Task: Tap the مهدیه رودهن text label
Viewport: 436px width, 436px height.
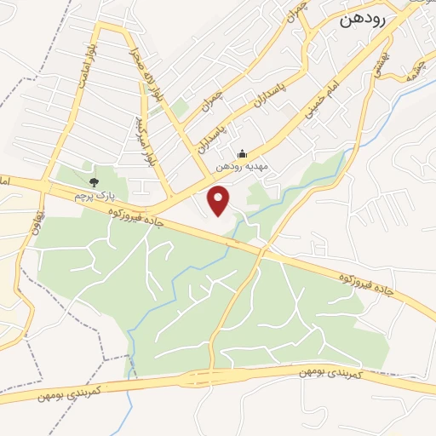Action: pos(243,167)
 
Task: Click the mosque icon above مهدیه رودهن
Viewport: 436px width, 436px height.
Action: pos(243,154)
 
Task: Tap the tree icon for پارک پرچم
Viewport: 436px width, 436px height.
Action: pos(94,181)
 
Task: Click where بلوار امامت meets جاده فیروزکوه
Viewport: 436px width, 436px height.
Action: pos(48,185)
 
